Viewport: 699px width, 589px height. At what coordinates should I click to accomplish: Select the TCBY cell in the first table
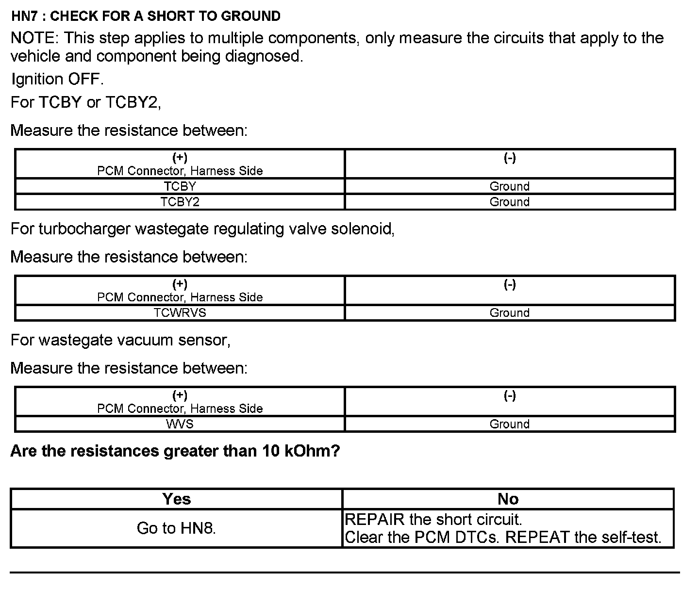[x=180, y=186]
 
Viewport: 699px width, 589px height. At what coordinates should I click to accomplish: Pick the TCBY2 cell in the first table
[x=180, y=202]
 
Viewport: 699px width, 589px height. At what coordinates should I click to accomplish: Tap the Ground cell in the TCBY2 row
[x=509, y=202]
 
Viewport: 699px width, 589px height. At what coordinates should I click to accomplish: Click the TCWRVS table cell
[x=180, y=313]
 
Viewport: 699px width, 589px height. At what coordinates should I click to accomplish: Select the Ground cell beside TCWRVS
[x=509, y=313]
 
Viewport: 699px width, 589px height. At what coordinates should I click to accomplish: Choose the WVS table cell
[x=180, y=424]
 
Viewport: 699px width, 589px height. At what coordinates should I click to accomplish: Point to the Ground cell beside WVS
[x=509, y=424]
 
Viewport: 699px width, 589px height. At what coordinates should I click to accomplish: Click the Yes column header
[x=177, y=499]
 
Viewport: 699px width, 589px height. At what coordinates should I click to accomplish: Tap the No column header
[x=508, y=499]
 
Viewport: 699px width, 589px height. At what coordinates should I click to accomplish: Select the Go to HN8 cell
[x=176, y=528]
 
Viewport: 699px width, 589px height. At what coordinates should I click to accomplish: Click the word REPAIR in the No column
[x=374, y=520]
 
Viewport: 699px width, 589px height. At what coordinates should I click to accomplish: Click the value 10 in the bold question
[x=271, y=451]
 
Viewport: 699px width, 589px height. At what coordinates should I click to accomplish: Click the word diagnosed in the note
[x=265, y=56]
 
